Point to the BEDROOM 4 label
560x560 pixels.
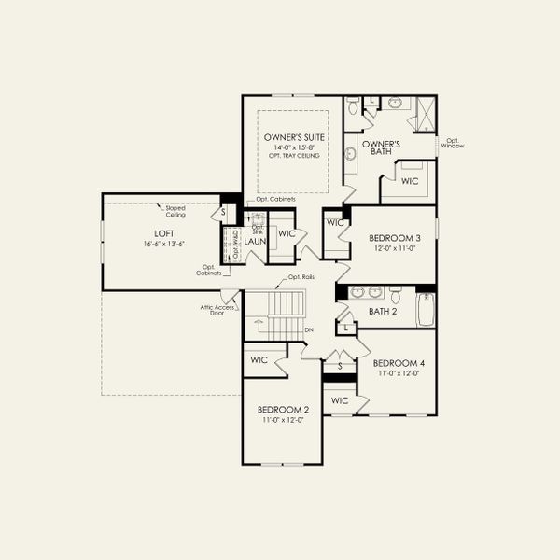[x=399, y=362]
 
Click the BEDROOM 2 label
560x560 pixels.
[x=283, y=409]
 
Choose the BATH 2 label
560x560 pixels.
[x=383, y=312]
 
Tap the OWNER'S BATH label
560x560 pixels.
[x=381, y=147]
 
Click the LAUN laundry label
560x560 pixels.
[x=256, y=241]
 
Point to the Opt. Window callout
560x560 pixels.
[x=453, y=143]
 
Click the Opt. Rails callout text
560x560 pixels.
[x=301, y=277]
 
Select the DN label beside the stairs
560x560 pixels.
[x=310, y=329]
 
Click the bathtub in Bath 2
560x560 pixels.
[x=426, y=309]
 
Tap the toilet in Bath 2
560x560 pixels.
[x=396, y=296]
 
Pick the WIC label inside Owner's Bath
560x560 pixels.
[x=409, y=181]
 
